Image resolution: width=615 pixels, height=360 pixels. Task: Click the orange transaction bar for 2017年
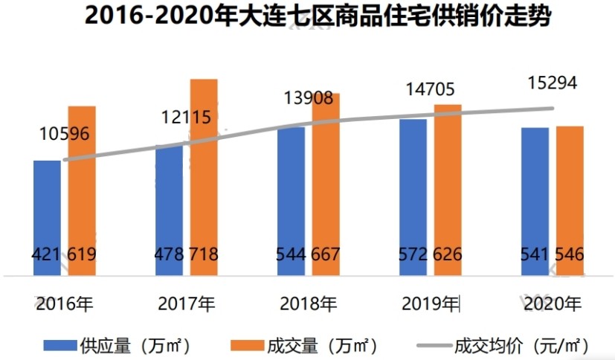click(x=205, y=179)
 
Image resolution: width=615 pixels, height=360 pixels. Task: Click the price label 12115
click(x=186, y=117)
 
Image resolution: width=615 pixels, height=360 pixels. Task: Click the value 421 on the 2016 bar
click(x=46, y=254)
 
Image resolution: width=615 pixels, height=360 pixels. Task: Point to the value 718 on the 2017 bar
click(x=204, y=254)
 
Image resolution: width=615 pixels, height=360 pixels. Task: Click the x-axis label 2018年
click(x=309, y=303)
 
